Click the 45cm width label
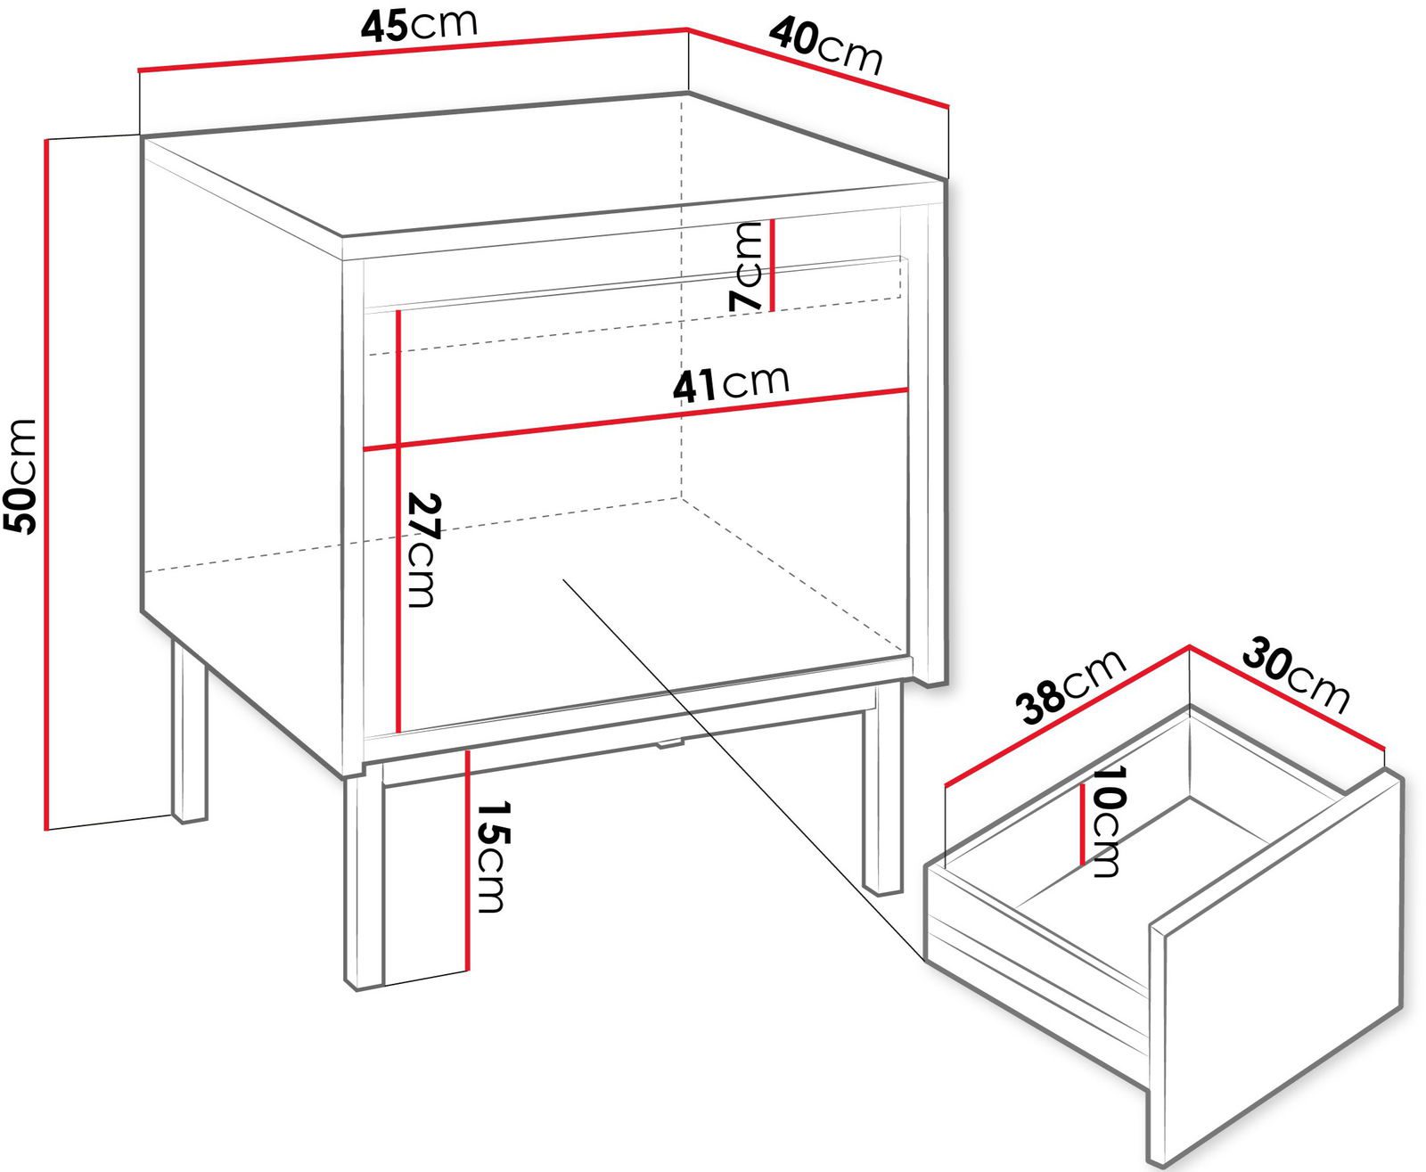[x=419, y=26]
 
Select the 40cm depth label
[x=826, y=46]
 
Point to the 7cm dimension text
[x=746, y=266]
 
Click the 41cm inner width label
[x=731, y=384]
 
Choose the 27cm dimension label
[x=424, y=550]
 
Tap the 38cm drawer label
[x=1070, y=687]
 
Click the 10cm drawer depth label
[x=1106, y=822]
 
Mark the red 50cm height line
[x=46, y=484]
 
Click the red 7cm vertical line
[x=772, y=266]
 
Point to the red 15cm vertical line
[x=466, y=860]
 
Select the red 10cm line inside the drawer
[x=1083, y=823]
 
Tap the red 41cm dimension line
[x=635, y=419]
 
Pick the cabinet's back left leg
[x=189, y=731]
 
